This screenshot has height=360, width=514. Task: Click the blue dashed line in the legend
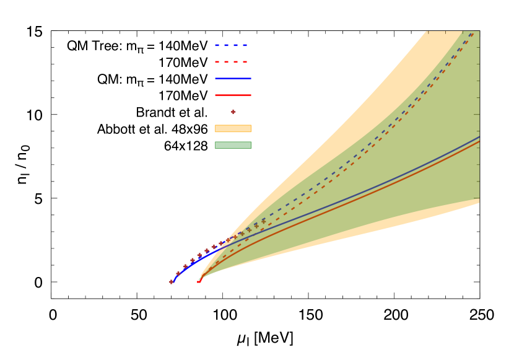pos(232,45)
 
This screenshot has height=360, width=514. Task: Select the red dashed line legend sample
pos(232,62)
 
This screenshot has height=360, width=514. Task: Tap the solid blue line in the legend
pos(233,79)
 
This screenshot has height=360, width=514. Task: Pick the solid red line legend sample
pos(233,95)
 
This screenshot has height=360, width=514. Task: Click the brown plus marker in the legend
pos(233,112)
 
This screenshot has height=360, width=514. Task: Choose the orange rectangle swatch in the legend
pos(233,129)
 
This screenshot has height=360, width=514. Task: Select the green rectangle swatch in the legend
pos(233,145)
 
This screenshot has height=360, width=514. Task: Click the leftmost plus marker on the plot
pos(172,282)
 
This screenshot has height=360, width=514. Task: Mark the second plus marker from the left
pos(178,273)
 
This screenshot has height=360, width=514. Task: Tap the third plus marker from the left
pos(185,266)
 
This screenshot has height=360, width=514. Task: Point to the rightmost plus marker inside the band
pos(263,221)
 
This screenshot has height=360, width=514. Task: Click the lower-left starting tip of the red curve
pos(199,282)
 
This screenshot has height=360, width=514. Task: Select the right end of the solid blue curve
pos(479,137)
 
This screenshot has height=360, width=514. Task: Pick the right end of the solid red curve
pos(479,142)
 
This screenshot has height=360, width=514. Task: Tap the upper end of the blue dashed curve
pos(473,32)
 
